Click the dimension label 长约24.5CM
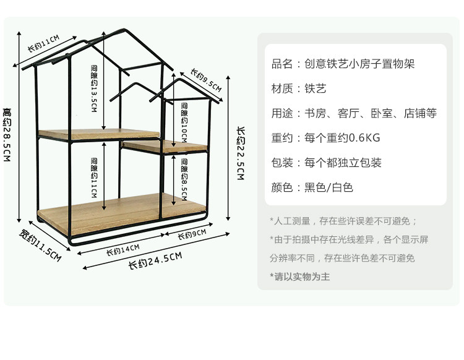(x=155, y=260)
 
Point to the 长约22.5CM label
(x=241, y=153)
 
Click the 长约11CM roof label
(x=43, y=45)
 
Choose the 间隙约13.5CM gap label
(x=94, y=87)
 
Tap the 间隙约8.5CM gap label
(x=184, y=180)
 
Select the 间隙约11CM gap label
(x=94, y=178)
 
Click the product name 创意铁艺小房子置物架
(x=359, y=64)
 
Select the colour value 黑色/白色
(x=329, y=187)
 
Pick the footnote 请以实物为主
(x=300, y=276)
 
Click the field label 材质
(x=281, y=88)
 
